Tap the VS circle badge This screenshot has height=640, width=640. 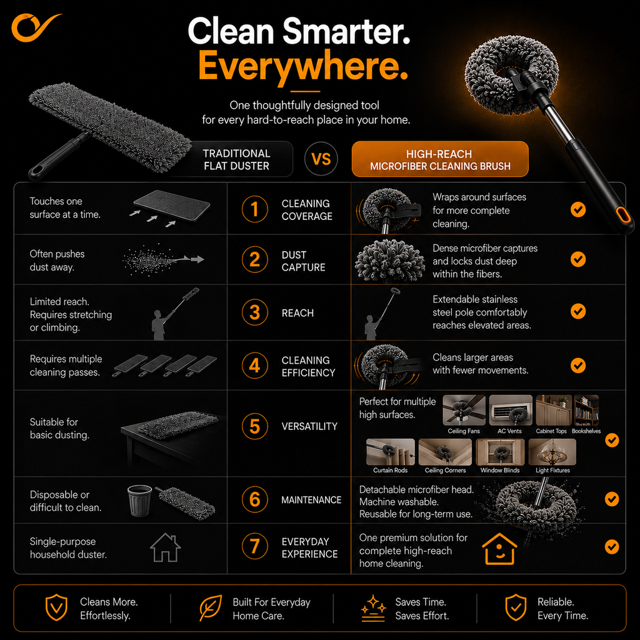pyautogui.click(x=321, y=159)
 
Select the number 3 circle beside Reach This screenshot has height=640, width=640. pyautogui.click(x=255, y=312)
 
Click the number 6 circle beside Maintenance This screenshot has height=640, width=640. pyautogui.click(x=255, y=499)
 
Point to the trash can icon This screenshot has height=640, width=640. pyautogui.click(x=139, y=501)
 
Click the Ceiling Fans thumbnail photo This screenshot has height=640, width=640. pyautogui.click(x=464, y=411)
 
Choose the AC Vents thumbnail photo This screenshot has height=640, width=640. pyautogui.click(x=511, y=411)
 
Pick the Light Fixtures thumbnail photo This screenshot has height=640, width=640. pyautogui.click(x=552, y=452)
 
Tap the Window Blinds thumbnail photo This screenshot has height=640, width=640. pyautogui.click(x=500, y=452)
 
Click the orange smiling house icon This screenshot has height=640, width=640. pyautogui.click(x=499, y=549)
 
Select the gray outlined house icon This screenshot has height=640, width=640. pyautogui.click(x=165, y=547)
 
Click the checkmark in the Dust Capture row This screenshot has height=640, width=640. pyautogui.click(x=578, y=259)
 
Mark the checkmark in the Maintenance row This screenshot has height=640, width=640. pyautogui.click(x=612, y=499)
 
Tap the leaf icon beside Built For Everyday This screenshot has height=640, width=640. pyautogui.click(x=211, y=607)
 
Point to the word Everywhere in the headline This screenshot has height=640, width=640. pyautogui.click(x=303, y=66)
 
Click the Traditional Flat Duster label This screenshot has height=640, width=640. pyautogui.click(x=237, y=159)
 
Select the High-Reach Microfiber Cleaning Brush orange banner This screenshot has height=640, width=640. pyautogui.click(x=440, y=159)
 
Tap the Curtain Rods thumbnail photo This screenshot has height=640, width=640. pyautogui.click(x=390, y=452)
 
